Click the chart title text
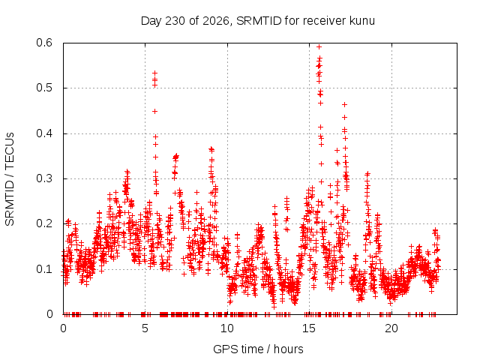(258, 21)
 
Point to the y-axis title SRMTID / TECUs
(10, 179)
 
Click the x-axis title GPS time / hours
(258, 349)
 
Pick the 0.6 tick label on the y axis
(44, 43)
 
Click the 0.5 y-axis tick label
(44, 88)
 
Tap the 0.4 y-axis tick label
(44, 133)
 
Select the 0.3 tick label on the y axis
(44, 178)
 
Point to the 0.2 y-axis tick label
(44, 223)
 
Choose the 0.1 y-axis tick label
(44, 269)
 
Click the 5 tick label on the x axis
(145, 328)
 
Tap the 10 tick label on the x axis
(226, 328)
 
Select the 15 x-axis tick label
(309, 328)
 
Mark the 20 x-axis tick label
(391, 328)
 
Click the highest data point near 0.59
(319, 46)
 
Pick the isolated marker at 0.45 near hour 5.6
(155, 111)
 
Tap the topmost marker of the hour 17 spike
(345, 105)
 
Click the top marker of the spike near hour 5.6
(155, 73)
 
